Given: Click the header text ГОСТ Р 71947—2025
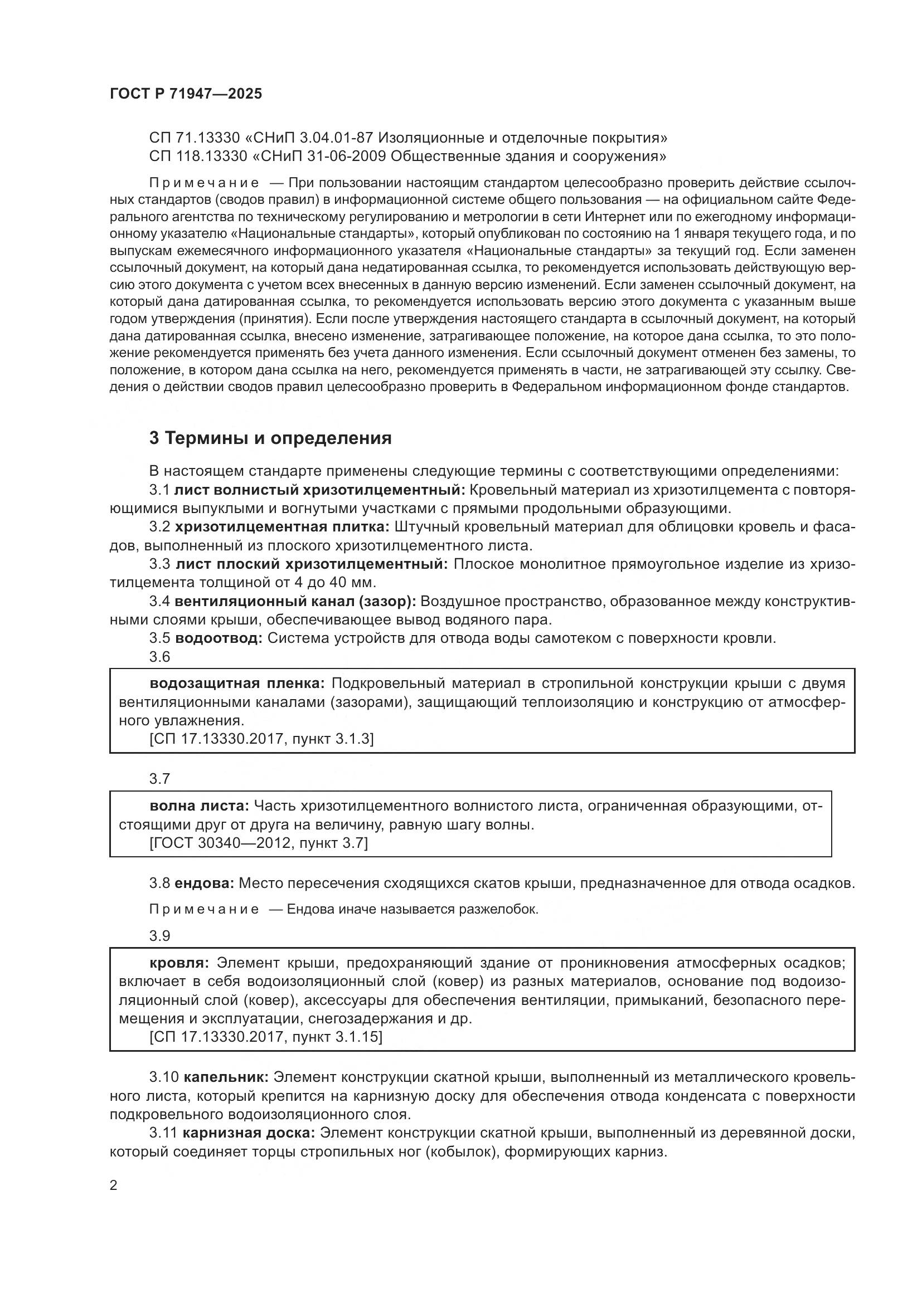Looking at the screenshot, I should [186, 94].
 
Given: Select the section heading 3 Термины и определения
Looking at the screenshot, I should [270, 438].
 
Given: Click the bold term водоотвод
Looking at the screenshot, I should [219, 638].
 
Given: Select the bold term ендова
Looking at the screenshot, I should [204, 883].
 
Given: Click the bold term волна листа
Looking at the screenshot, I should [199, 806].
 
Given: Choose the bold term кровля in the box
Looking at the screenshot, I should [179, 963].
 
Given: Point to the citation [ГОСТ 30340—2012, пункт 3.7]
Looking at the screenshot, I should [259, 843].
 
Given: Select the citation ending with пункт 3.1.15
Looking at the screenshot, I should [266, 1037].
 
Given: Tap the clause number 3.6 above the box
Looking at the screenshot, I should [159, 657].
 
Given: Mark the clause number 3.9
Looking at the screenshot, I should [159, 936].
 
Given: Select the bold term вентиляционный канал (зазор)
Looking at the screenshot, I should [296, 601].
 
